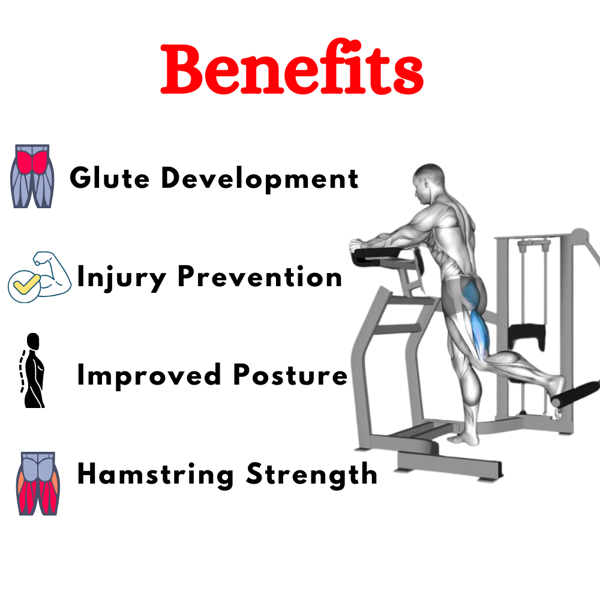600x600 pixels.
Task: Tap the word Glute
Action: pos(109,178)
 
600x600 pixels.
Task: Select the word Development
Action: pos(260,179)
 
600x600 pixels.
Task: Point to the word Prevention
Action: pos(260,276)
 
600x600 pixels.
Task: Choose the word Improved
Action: pos(149,376)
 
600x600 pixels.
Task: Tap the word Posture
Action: pos(290,374)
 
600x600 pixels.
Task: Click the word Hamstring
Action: pos(155,475)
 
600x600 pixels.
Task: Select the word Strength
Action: pos(311,475)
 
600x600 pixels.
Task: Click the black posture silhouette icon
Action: pos(32,370)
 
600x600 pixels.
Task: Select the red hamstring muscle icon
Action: pos(38,483)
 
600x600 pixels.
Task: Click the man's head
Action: pos(428,182)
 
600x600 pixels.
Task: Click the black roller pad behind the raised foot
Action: pos(575,394)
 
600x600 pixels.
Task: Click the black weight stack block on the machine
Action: pos(526,335)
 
